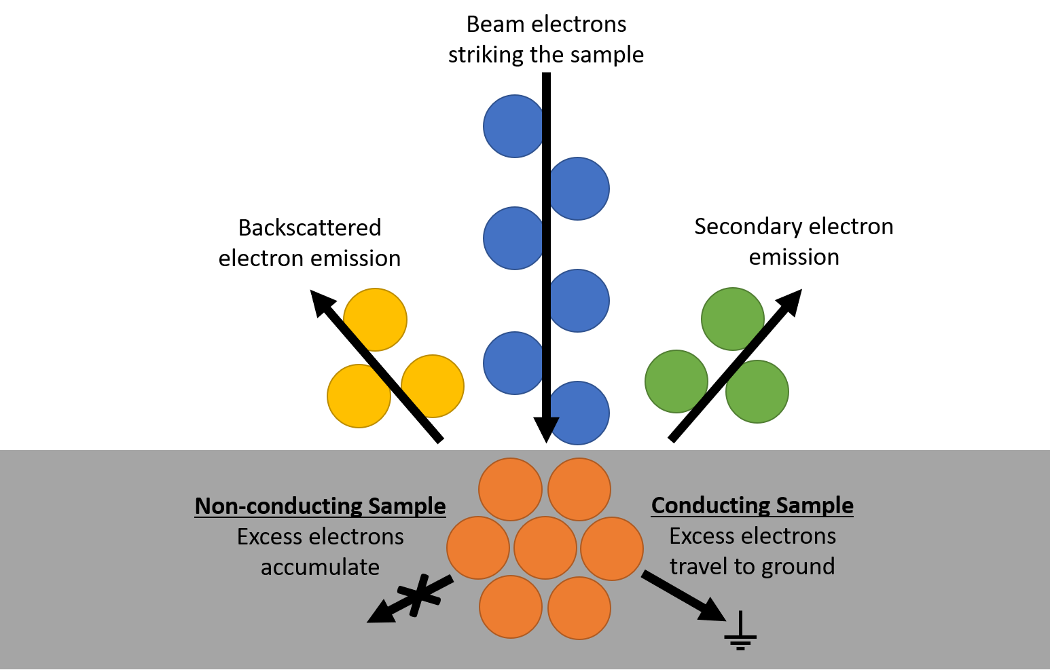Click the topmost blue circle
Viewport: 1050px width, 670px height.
[513, 126]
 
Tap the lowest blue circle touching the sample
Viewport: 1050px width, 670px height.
[580, 413]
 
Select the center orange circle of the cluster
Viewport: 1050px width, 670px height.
[545, 548]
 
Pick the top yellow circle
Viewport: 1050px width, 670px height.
[376, 319]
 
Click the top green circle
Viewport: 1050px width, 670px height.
[732, 319]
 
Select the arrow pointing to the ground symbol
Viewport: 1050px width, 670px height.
[683, 596]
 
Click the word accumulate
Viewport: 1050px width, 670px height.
[320, 567]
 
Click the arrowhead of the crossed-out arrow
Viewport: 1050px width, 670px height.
[377, 615]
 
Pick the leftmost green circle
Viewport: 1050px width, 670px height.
[676, 381]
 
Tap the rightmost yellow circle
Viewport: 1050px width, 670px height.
[433, 386]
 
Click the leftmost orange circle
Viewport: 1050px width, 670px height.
[478, 548]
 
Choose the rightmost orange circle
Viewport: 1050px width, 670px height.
[612, 548]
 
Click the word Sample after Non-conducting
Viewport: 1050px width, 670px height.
[407, 506]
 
